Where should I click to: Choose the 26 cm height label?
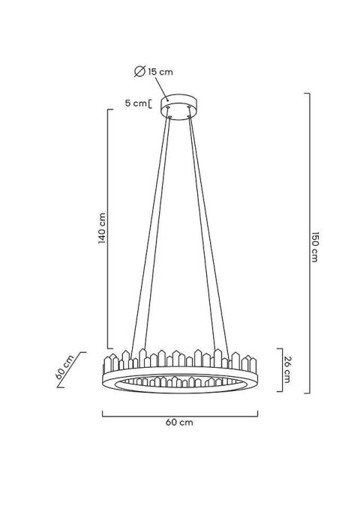click(x=287, y=369)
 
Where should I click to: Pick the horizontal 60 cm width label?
click(x=180, y=422)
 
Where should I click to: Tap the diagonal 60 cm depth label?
click(x=65, y=369)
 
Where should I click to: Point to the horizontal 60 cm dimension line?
click(x=180, y=413)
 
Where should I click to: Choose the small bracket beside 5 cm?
click(x=152, y=103)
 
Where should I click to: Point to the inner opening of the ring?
click(x=180, y=375)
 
